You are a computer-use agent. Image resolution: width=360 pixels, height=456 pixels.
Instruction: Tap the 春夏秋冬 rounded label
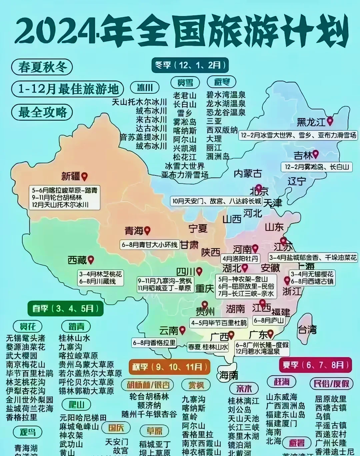click(x=42, y=67)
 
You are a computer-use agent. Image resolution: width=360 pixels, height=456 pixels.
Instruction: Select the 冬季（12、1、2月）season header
click(x=190, y=65)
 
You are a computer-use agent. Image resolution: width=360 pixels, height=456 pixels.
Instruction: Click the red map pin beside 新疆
click(x=84, y=176)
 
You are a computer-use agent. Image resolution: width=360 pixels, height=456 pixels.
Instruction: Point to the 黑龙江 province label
click(x=311, y=122)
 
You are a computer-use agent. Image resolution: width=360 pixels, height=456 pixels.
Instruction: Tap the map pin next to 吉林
click(x=315, y=154)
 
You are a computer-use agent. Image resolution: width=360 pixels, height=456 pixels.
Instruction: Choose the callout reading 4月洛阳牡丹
click(x=240, y=259)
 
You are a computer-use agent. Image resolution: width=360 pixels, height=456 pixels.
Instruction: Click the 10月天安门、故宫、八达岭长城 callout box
click(x=217, y=201)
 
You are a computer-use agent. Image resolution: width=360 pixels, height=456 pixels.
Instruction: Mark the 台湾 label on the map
click(x=307, y=330)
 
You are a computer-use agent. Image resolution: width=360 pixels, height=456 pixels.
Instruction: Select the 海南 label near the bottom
click(x=229, y=375)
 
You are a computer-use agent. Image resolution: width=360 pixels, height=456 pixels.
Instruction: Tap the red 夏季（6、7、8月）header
click(x=315, y=365)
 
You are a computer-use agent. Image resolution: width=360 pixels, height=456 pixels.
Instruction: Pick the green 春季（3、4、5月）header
click(x=65, y=308)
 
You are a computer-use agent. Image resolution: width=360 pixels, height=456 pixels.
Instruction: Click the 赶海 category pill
click(x=282, y=382)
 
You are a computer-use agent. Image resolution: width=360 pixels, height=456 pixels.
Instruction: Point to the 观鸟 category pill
click(x=28, y=432)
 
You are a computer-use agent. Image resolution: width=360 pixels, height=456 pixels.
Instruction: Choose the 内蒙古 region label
click(x=248, y=173)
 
